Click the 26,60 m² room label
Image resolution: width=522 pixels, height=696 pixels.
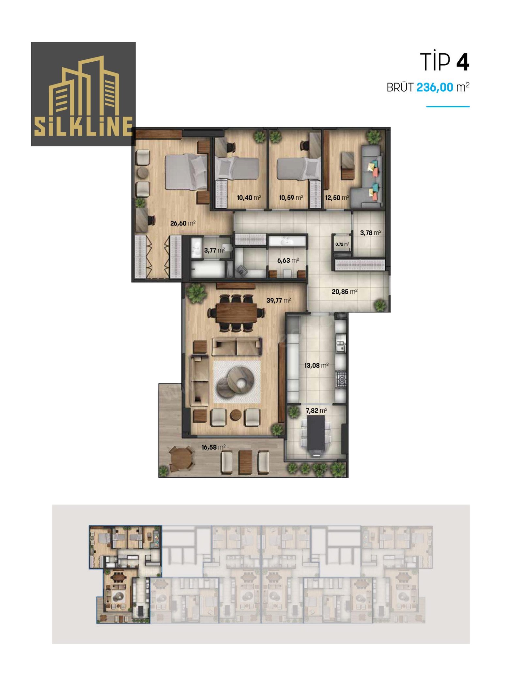coord(183,223)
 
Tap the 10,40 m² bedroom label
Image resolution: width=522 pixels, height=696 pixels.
coord(249,197)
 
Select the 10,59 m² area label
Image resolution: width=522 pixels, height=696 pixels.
coord(291,197)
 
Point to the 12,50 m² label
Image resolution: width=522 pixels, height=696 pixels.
coord(337,197)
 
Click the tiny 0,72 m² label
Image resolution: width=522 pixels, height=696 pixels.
coord(342,244)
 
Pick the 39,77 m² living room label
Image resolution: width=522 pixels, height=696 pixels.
coord(278,300)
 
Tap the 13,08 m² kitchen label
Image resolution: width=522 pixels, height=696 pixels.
coord(316,365)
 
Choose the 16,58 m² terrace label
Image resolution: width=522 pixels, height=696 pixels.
coord(213,447)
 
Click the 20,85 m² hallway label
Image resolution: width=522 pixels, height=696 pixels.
coord(345,291)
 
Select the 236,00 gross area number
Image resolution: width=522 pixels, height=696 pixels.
coord(435,87)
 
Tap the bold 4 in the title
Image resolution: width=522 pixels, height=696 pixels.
coord(463,62)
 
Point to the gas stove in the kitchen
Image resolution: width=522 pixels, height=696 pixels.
coord(341,379)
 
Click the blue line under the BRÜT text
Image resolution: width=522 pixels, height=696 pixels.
coord(448,106)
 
